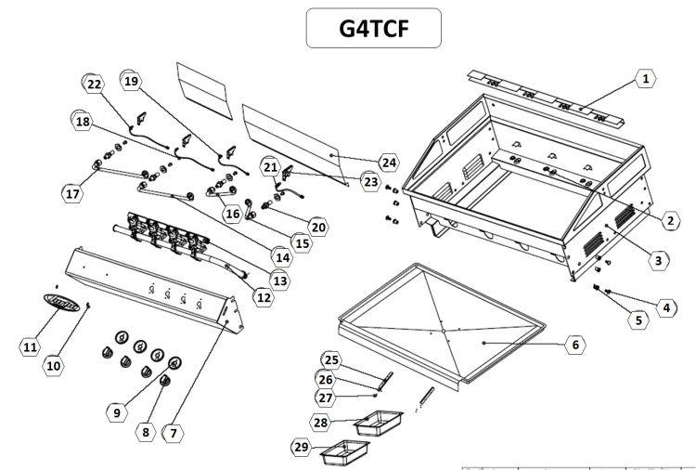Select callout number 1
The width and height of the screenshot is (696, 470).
pos(642,80)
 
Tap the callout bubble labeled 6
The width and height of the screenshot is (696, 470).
pos(574,344)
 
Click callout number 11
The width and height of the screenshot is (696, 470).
pos(30,346)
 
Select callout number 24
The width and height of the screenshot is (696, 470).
pos(388,163)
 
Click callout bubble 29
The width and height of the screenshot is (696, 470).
pos(300,448)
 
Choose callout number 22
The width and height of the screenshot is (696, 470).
pos(95,85)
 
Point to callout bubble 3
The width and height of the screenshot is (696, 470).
pos(657,261)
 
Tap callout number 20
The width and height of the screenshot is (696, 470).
pos(318,226)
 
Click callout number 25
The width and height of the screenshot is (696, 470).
pos(332,359)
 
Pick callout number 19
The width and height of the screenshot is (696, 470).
pos(131,82)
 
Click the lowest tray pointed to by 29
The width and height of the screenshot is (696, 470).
pos(342,454)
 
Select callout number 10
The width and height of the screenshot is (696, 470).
pos(54,365)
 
